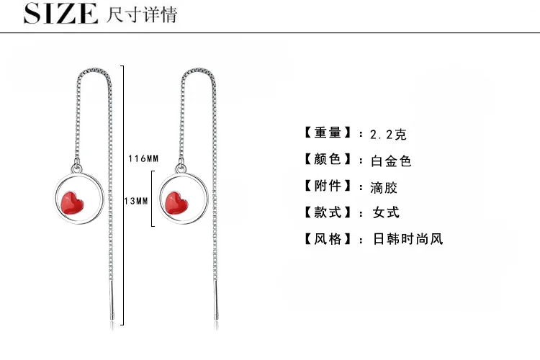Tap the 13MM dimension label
[x=136, y=202]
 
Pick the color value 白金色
[x=391, y=161]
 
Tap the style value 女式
[x=384, y=212]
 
